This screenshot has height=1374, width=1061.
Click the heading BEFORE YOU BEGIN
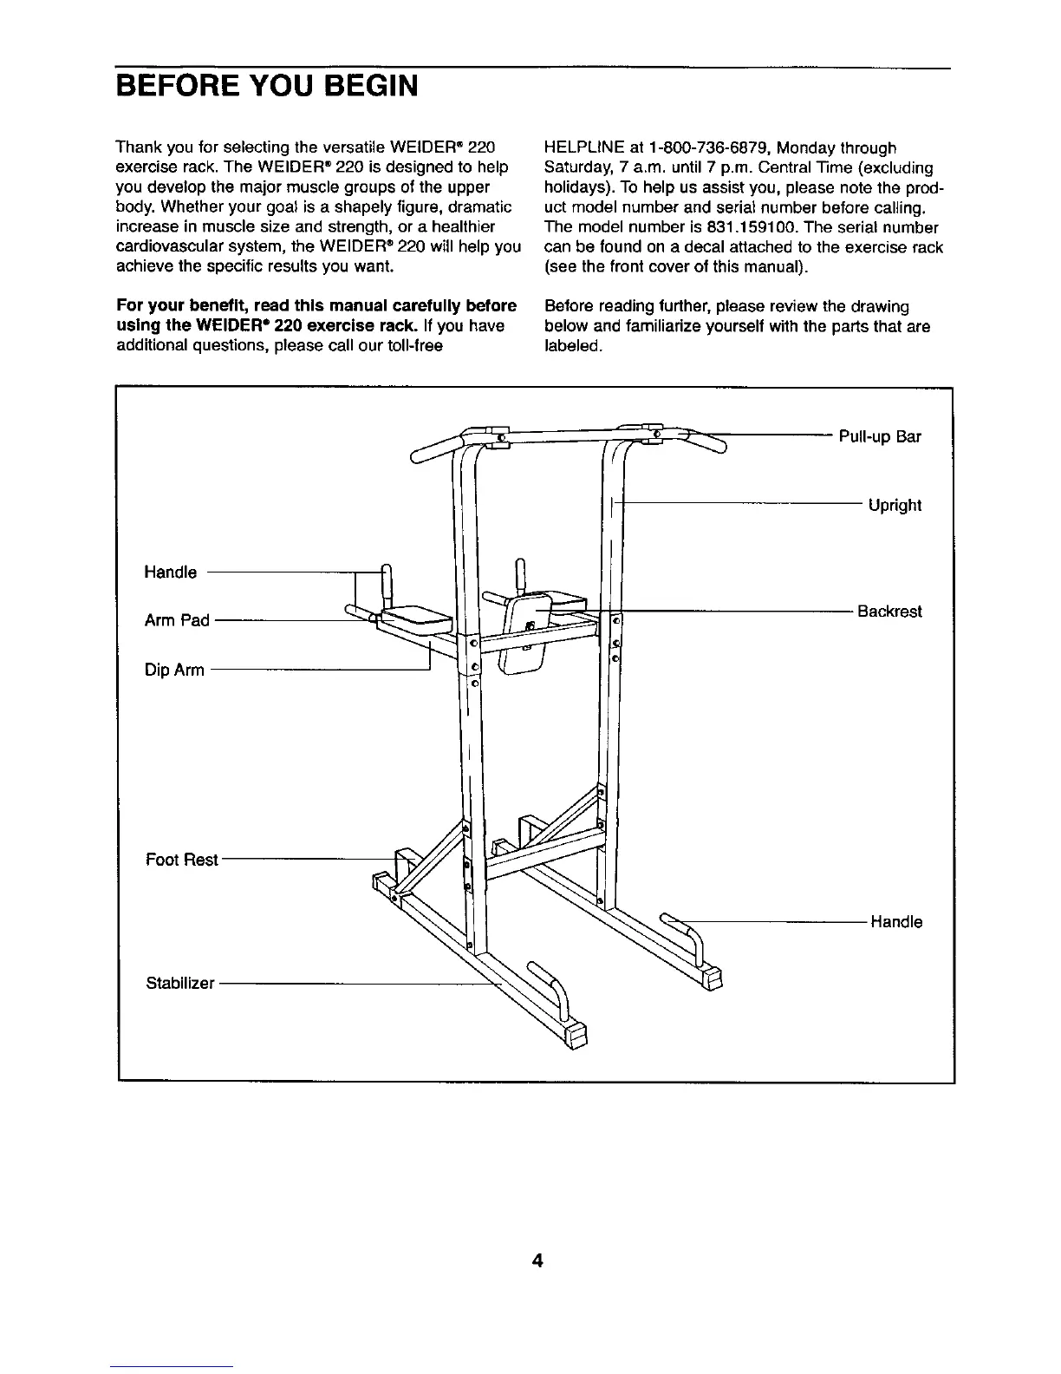[267, 87]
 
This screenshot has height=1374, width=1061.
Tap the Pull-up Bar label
[880, 436]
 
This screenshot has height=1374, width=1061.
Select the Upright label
[895, 506]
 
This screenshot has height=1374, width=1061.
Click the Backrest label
[889, 612]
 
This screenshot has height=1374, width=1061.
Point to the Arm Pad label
[177, 620]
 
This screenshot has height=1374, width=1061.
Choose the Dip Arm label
[174, 670]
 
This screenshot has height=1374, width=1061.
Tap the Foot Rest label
[182, 860]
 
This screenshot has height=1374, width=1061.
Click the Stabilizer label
[179, 984]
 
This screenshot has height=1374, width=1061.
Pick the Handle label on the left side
[170, 572]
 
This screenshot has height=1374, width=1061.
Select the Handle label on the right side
[896, 922]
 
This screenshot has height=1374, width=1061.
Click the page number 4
[537, 1261]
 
